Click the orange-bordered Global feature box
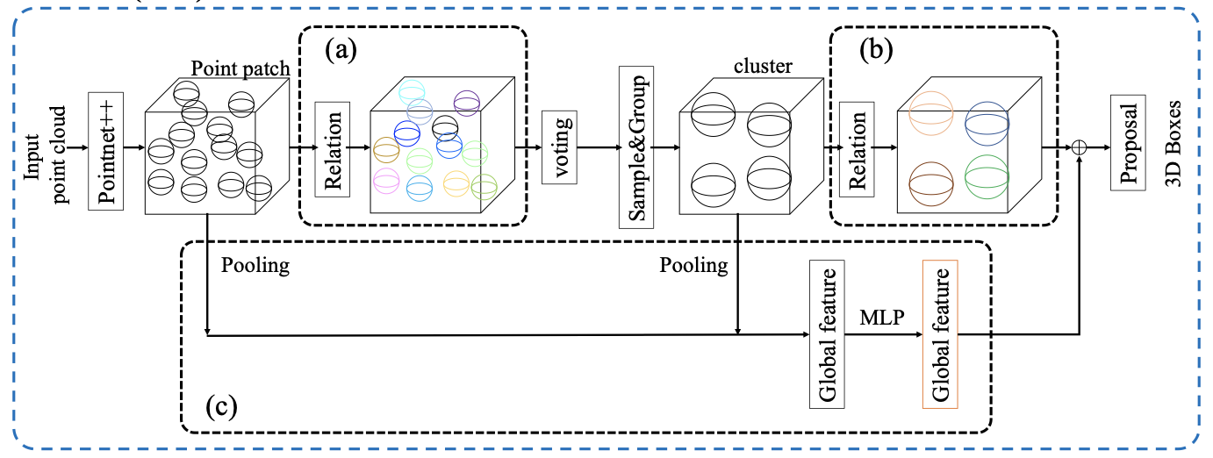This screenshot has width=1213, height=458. [941, 334]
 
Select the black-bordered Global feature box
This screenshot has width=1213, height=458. [826, 334]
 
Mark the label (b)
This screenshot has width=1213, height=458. [873, 50]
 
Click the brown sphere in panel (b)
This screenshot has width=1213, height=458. [932, 181]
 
